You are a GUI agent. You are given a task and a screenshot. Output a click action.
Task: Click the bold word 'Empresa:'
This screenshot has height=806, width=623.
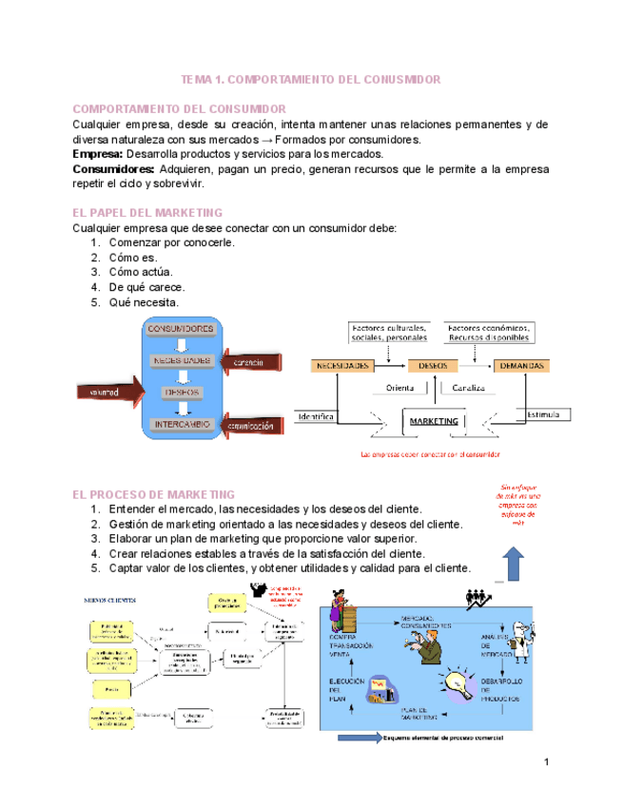(x=98, y=153)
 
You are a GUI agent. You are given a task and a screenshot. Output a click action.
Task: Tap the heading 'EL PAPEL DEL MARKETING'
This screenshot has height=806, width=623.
(x=147, y=213)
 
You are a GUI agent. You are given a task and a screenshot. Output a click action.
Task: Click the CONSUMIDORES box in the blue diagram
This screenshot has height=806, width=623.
(x=185, y=329)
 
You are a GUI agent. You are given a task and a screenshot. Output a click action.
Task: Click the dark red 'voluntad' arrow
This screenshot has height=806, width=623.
(x=107, y=391)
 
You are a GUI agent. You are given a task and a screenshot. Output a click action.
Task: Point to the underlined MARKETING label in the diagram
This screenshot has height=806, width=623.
(x=434, y=420)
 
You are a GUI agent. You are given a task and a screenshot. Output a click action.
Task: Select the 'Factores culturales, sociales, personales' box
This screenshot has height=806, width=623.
(x=389, y=332)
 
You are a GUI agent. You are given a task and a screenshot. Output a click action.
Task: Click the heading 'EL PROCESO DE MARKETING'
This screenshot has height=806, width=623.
(x=154, y=494)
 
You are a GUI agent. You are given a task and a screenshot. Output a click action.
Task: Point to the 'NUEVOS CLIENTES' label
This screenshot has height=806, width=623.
(x=110, y=600)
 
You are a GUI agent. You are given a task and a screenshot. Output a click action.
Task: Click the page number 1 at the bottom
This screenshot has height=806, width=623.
(x=548, y=763)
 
